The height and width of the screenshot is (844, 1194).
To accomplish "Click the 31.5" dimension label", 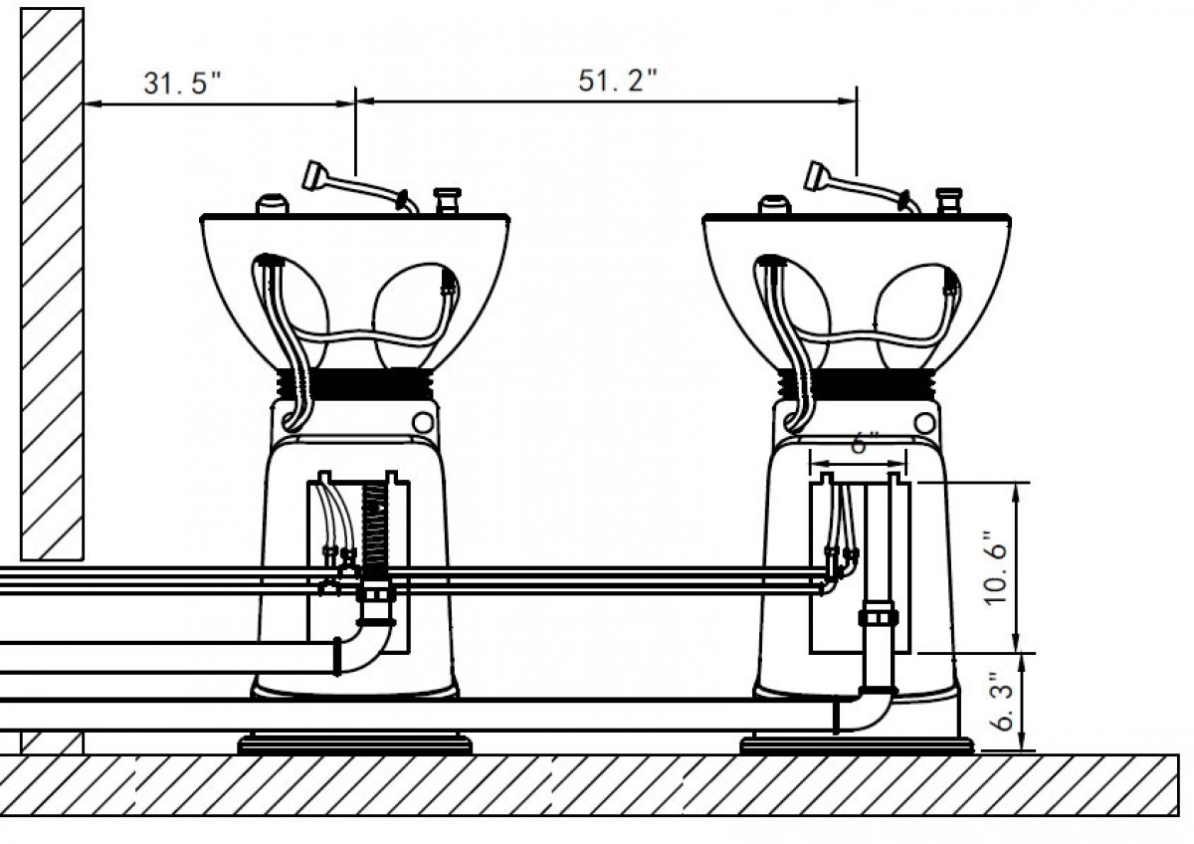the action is coord(182,84).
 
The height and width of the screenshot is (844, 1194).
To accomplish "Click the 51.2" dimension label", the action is coord(618,81).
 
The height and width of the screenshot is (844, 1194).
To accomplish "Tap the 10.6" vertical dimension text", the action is coord(996,568).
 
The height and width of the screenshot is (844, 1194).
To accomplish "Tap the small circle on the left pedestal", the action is coord(423,422).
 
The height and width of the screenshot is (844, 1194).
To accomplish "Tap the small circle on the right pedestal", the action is coord(924,423).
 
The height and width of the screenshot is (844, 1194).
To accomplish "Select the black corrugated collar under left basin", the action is coord(354,385).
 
